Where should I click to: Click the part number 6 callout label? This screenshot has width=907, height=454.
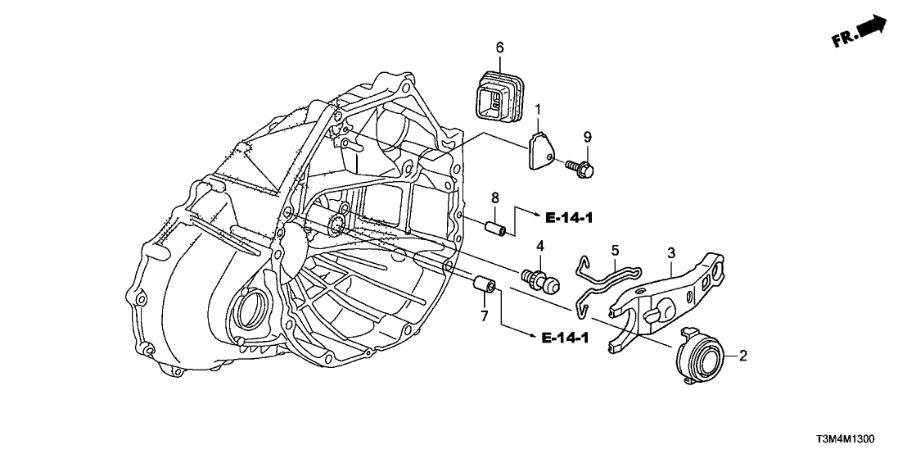[x=499, y=47]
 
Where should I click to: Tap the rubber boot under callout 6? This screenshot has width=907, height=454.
[x=496, y=94]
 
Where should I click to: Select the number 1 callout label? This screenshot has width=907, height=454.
[x=538, y=109]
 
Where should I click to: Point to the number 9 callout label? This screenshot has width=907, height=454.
[x=587, y=134]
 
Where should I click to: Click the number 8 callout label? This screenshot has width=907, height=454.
[x=494, y=197]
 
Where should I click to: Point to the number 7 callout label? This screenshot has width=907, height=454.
[x=484, y=316]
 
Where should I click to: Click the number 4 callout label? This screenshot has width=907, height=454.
[x=540, y=246]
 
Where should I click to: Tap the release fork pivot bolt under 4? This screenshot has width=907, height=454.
[x=542, y=279]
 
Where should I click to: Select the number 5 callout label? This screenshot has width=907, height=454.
[x=615, y=248]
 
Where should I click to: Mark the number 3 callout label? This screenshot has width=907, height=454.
[x=670, y=252]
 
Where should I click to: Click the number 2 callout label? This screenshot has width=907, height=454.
[x=743, y=356]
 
